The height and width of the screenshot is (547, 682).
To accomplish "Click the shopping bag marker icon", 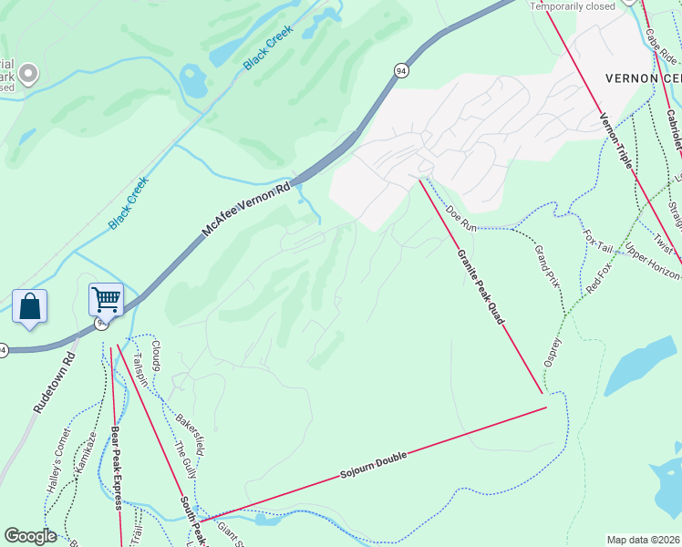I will pos(29,306).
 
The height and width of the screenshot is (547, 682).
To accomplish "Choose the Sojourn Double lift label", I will pos(373,464).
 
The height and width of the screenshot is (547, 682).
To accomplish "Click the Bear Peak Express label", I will pos(117,465).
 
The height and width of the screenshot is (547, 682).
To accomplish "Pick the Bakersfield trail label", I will pos(190,428).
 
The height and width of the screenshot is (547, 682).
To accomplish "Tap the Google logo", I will pos(30,536).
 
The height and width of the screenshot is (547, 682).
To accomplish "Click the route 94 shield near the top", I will pos(401,69).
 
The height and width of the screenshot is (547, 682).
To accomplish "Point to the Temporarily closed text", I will pos(573,5).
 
